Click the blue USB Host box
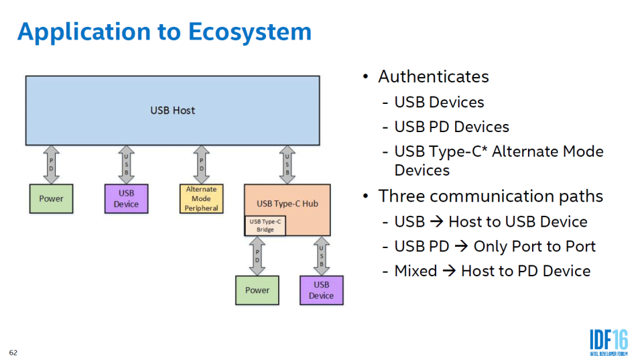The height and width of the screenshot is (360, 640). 172,110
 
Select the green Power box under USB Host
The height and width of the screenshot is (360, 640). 51,198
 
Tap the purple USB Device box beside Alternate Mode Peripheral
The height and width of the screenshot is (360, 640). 126,198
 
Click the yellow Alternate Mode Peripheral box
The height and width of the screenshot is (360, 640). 202,198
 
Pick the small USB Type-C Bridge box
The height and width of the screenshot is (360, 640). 265,225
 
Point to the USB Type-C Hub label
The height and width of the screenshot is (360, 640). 287,203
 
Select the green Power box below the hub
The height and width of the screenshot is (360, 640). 257,290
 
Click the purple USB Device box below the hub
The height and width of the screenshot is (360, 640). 321,290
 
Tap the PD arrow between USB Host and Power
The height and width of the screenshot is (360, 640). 52,164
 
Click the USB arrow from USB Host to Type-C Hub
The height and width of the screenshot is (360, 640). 287,164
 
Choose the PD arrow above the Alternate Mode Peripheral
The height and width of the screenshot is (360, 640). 202,164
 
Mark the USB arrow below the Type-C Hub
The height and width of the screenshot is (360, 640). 321,255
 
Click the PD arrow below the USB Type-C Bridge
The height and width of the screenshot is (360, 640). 257,255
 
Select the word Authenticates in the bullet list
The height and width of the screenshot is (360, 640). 433,76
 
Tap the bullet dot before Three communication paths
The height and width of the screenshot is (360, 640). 366,196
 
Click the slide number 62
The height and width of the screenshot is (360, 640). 13,352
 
